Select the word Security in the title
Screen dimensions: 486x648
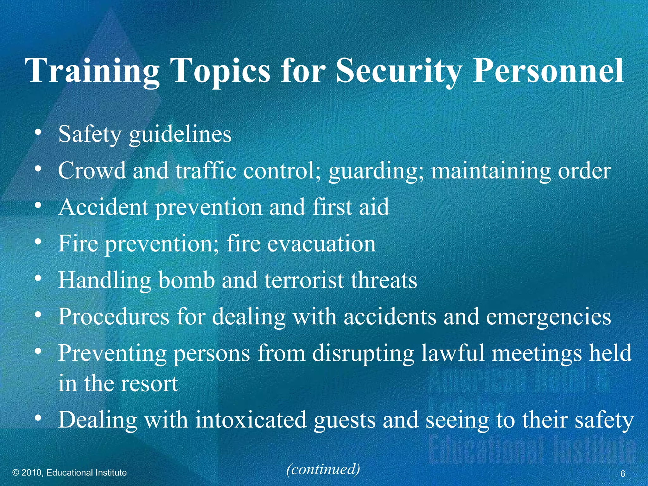(399, 71)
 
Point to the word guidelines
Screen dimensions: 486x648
(180, 135)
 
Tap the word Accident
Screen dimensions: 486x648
(103, 207)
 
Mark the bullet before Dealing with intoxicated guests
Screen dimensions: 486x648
(38, 418)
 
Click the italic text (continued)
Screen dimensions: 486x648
(323, 469)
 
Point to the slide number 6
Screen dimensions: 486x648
(623, 474)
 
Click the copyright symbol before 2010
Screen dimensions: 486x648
(16, 473)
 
